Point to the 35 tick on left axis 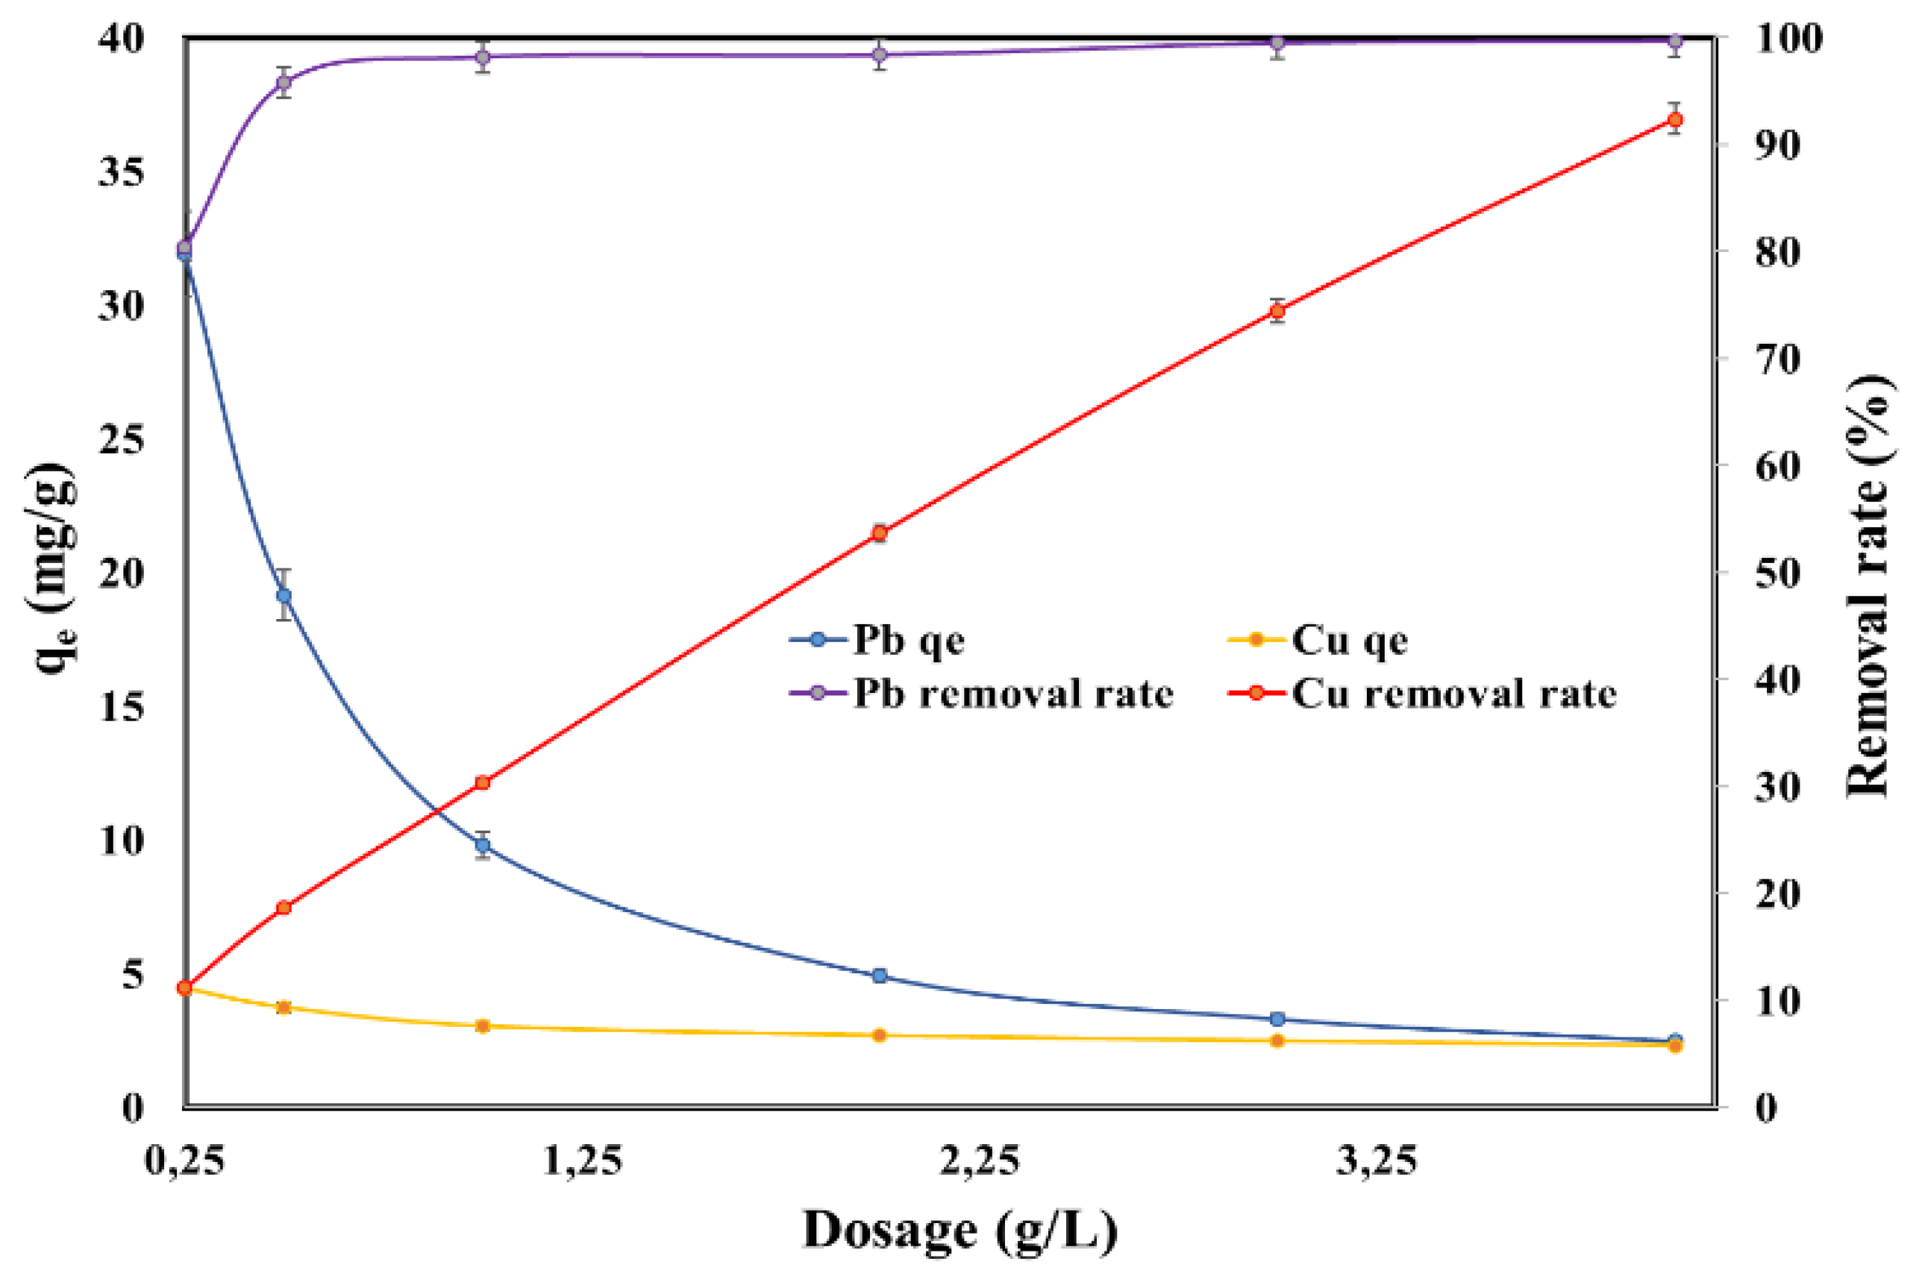[122, 172]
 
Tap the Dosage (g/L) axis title [960, 1231]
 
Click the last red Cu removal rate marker [1675, 119]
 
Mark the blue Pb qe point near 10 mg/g [483, 845]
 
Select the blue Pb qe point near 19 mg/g [284, 595]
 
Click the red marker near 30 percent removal [483, 782]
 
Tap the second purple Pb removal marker [284, 82]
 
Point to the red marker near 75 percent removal [1277, 310]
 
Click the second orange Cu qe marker [284, 1007]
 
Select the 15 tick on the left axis [122, 707]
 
